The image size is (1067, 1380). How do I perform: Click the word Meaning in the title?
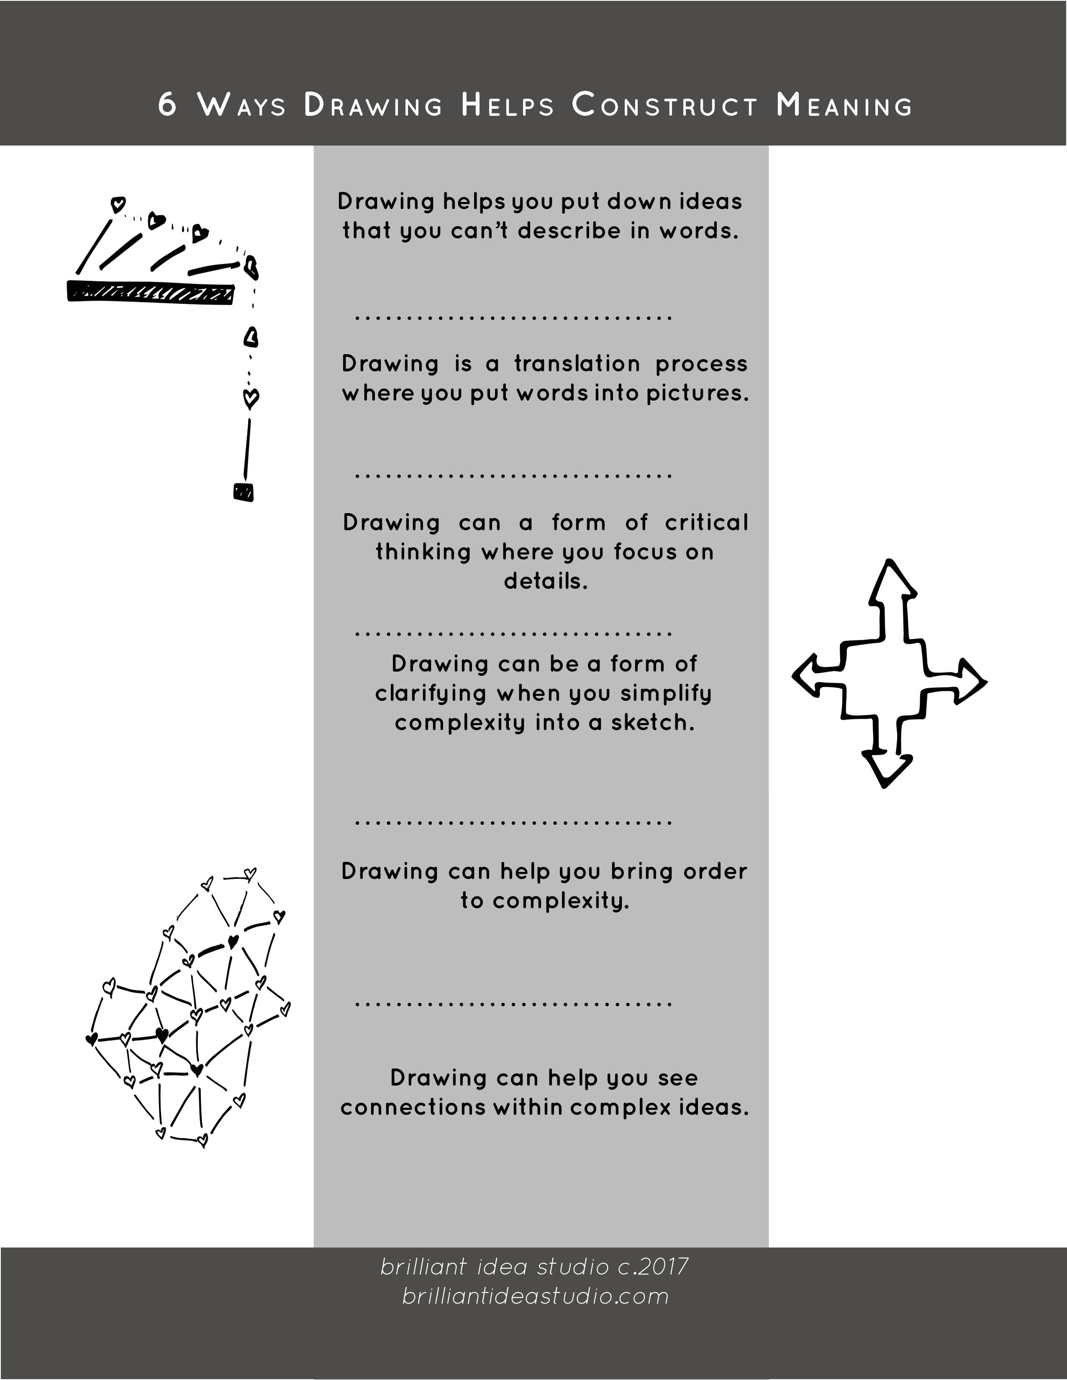point(844,105)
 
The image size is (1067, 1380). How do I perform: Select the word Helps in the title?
point(508,105)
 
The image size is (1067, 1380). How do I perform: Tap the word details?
point(546,581)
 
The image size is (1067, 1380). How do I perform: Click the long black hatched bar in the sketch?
point(151,292)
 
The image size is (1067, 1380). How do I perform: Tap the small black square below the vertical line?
point(244,492)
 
